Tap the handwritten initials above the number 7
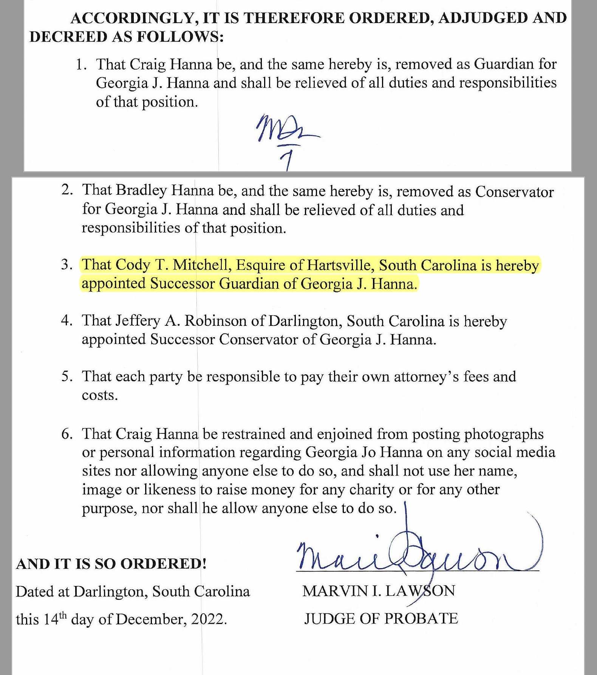[288, 130]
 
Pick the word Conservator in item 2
[514, 192]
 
